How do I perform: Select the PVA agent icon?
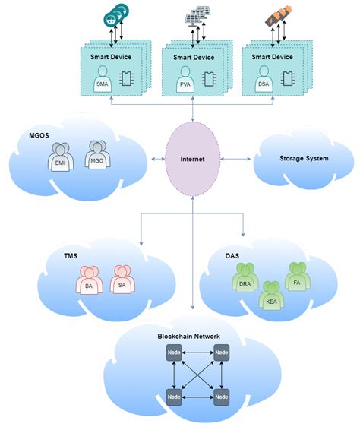click(185, 82)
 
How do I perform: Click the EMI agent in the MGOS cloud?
click(60, 159)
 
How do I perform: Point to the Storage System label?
click(298, 159)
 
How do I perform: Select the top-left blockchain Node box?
click(173, 353)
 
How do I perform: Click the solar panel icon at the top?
click(196, 15)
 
